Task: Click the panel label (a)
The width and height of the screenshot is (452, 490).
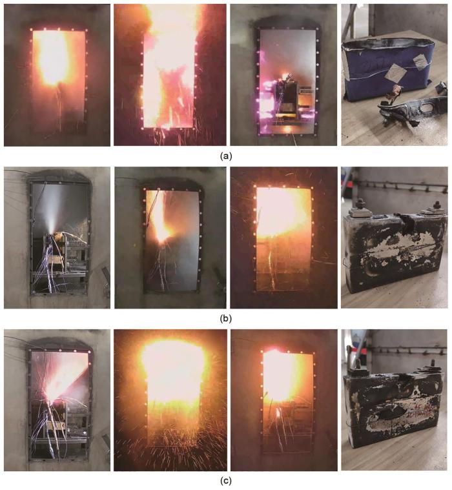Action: (226, 156)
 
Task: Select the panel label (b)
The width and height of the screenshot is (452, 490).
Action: (226, 318)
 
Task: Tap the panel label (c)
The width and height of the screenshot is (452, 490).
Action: (226, 481)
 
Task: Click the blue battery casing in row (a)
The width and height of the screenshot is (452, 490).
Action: (387, 70)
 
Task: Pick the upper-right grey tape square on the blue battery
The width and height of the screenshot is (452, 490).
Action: (420, 60)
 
